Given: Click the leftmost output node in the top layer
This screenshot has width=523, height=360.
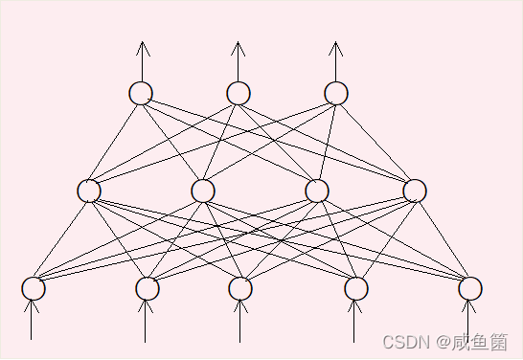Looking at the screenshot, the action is (141, 93).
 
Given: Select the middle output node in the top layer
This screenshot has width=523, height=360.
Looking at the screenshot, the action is (239, 93).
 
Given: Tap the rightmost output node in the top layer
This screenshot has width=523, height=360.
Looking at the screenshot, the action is (335, 93).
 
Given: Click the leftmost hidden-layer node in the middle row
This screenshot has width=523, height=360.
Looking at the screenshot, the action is (89, 191).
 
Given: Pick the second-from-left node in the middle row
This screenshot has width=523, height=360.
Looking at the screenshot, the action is (202, 191).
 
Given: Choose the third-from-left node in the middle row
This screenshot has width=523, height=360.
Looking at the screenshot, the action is (317, 191).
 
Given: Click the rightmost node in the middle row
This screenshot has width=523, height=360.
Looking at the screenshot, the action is (415, 191).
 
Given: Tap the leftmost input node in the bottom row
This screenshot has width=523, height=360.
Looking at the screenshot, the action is (34, 288).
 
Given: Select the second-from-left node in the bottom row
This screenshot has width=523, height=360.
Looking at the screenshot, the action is (147, 288).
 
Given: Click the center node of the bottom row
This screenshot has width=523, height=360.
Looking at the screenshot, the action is (240, 288).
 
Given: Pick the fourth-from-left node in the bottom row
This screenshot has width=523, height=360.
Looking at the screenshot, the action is (356, 288).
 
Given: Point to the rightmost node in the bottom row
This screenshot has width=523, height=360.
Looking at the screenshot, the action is (469, 288).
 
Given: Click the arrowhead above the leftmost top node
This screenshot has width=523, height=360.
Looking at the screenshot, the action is (142, 47).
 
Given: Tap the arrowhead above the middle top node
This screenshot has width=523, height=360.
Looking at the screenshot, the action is (239, 47).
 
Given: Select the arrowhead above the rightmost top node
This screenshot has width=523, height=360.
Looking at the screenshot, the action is (335, 47).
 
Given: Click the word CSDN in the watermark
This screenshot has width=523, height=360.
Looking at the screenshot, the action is (400, 342).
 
